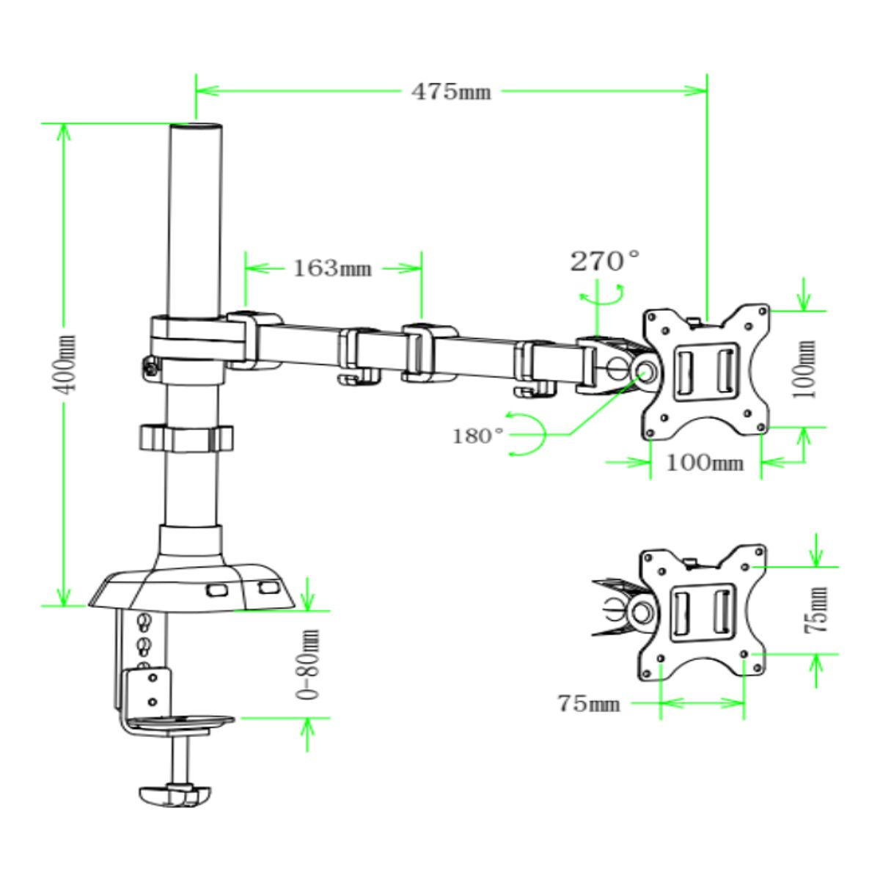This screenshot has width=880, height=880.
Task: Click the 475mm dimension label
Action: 450,92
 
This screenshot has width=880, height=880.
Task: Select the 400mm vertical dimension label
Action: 67,364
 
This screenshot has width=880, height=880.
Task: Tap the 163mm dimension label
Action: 332,268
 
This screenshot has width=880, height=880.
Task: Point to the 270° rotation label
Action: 605,260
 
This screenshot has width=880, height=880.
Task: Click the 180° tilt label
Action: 477,436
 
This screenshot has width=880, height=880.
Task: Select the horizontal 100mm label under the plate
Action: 704,463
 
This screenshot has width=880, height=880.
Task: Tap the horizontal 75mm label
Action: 588,703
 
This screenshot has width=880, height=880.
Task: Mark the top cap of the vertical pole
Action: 196,128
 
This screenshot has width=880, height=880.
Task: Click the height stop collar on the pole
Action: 185,439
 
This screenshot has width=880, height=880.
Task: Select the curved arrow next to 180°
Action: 529,436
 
